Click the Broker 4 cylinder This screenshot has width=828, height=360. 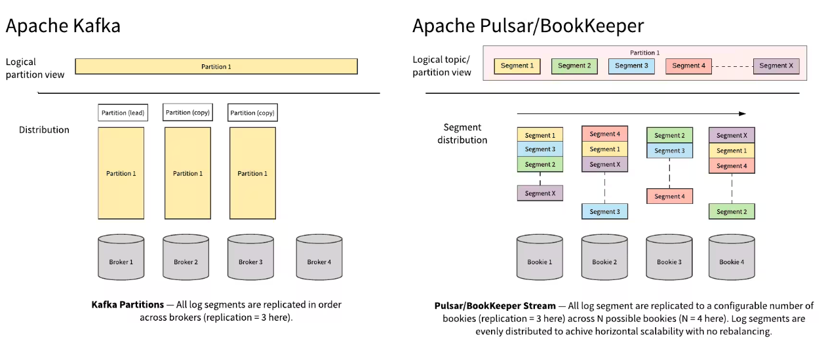(319, 258)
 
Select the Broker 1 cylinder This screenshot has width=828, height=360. (121, 258)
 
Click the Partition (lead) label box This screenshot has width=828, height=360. (123, 113)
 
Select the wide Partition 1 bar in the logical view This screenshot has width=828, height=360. (216, 66)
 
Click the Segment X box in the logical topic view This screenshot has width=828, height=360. (776, 66)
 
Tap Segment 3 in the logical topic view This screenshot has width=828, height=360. (631, 66)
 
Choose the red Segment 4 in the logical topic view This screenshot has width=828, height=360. (688, 66)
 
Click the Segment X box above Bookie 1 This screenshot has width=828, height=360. (540, 193)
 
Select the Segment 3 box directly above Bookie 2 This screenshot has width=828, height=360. (604, 211)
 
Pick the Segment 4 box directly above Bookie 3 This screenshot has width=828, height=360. (669, 196)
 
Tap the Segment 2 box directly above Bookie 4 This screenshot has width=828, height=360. (732, 211)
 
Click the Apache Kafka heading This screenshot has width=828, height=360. (63, 26)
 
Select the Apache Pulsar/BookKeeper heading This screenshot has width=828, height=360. (528, 26)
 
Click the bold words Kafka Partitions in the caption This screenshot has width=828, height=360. (128, 305)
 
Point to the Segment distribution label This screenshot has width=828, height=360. (462, 134)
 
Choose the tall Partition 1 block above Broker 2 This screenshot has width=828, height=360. (187, 173)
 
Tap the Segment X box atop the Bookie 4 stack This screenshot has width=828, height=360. (732, 135)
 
